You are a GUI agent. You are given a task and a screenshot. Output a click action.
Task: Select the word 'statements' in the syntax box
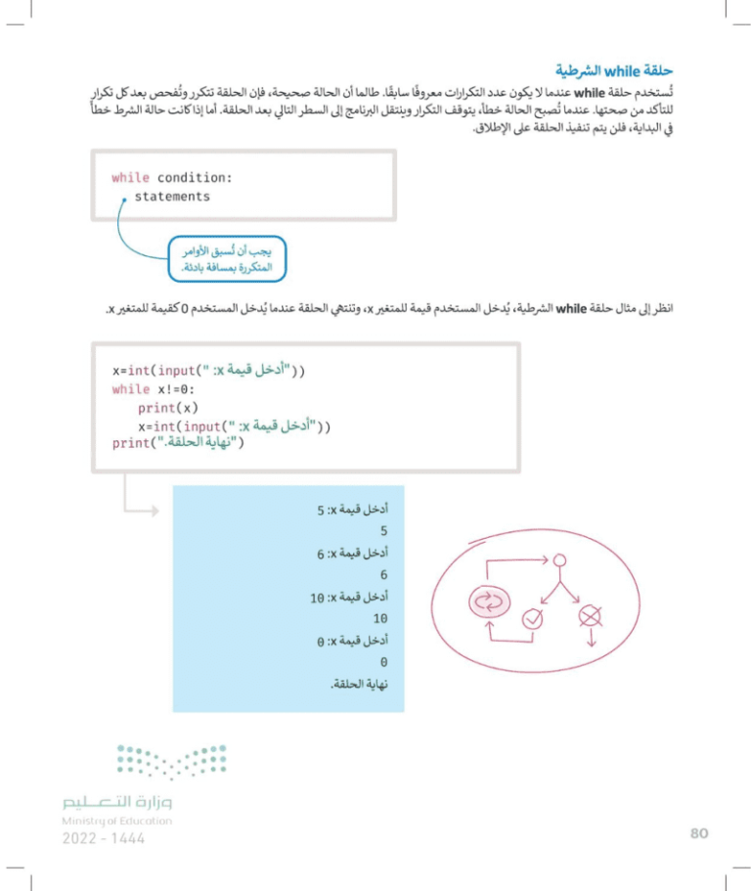pyautogui.click(x=172, y=197)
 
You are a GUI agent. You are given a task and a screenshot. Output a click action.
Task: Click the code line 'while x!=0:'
pyautogui.click(x=156, y=388)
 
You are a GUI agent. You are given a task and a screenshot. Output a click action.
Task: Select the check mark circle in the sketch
pyautogui.click(x=533, y=618)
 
